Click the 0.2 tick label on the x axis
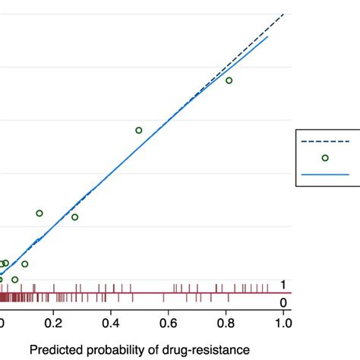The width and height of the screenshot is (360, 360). pyautogui.click(x=53, y=323)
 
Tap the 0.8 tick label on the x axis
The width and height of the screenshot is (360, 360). pyautogui.click(x=226, y=323)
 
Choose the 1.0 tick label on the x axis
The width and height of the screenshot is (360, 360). pyautogui.click(x=283, y=323)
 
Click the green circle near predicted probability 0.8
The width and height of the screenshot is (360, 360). pyautogui.click(x=229, y=81)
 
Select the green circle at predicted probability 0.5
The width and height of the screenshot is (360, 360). pyautogui.click(x=139, y=130)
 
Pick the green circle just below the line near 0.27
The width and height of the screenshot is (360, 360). pyautogui.click(x=74, y=217)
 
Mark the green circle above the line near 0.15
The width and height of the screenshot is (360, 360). pyautogui.click(x=39, y=213)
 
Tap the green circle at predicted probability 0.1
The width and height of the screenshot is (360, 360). pyautogui.click(x=25, y=264)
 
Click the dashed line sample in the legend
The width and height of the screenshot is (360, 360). pyautogui.click(x=325, y=141)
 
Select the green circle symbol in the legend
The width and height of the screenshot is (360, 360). pyautogui.click(x=325, y=158)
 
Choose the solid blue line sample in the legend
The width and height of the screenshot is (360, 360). pyautogui.click(x=325, y=174)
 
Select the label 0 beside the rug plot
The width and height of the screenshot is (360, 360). pyautogui.click(x=284, y=302)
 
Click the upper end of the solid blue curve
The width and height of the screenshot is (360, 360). pyautogui.click(x=268, y=36)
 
